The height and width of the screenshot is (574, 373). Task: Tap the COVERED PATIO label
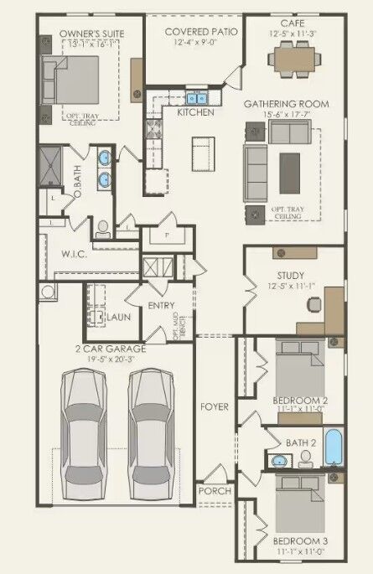(200, 31)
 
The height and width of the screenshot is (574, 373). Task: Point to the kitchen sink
(198, 97)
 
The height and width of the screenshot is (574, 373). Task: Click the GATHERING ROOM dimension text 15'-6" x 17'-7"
(286, 113)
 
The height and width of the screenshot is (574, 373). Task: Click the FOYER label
(215, 407)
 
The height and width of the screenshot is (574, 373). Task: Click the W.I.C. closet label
(56, 254)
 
